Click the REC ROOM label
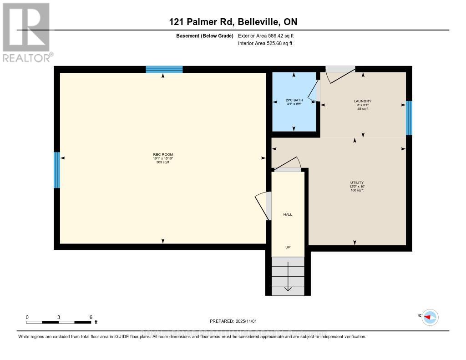[x=163, y=154]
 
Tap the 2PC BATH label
[x=294, y=100]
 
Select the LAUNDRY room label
[x=363, y=101]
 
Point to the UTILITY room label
[x=357, y=183]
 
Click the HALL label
[x=288, y=214]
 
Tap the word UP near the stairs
[x=288, y=247]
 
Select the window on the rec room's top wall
[x=164, y=69]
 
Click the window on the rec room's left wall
[x=57, y=170]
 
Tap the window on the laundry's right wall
[x=409, y=118]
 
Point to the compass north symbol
[x=430, y=317]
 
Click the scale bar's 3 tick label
[x=59, y=317]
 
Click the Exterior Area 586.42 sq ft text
[x=268, y=35]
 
